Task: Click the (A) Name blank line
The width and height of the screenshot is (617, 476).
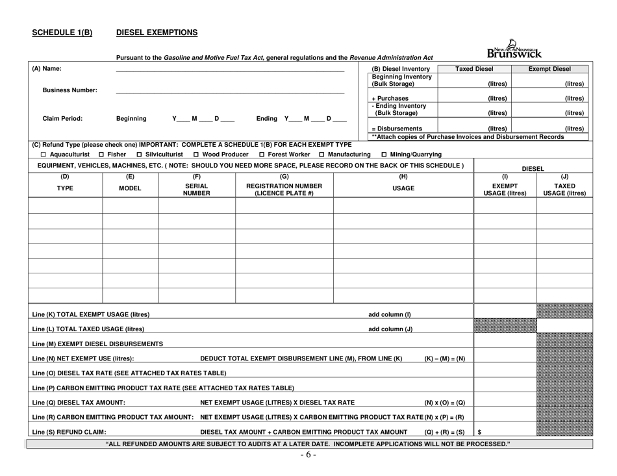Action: click(x=230, y=70)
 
